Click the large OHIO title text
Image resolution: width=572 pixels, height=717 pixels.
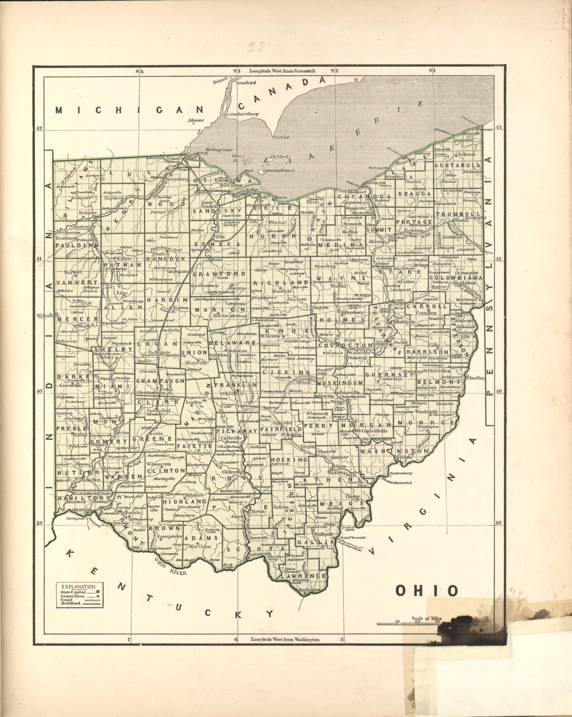click(427, 590)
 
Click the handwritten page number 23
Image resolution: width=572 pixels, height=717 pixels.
click(256, 48)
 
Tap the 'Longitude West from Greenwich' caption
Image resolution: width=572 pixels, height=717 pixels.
click(282, 70)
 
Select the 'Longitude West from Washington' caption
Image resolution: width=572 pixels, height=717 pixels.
click(284, 639)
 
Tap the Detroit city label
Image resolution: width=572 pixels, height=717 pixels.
click(220, 80)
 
